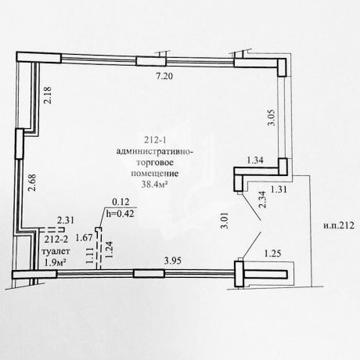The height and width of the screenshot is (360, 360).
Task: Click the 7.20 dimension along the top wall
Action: click(164, 76)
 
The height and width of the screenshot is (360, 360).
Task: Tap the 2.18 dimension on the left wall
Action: click(48, 95)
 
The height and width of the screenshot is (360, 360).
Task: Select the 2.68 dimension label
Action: click(33, 183)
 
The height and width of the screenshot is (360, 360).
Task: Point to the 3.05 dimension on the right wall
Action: click(272, 117)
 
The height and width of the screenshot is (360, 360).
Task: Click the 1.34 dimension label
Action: click(255, 160)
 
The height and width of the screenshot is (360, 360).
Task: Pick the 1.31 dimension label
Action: click(279, 189)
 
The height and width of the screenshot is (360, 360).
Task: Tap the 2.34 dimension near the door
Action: click(262, 200)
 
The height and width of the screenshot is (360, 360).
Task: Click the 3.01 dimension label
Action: click(225, 221)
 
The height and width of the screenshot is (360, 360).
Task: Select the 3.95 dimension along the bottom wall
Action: click(172, 261)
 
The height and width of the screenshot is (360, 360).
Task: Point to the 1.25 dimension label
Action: click(273, 254)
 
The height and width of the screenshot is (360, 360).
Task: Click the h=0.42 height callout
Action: click(120, 214)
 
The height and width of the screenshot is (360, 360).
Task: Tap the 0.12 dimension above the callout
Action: click(121, 202)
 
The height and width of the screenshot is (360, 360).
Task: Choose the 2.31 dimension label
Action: click(66, 221)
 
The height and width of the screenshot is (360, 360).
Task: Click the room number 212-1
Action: click(156, 140)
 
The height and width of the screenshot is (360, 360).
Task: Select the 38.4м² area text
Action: click(154, 185)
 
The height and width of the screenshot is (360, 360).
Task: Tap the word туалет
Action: click(56, 251)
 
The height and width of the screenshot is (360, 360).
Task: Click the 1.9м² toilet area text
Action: click(55, 262)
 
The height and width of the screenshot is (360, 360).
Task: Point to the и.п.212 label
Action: click(339, 225)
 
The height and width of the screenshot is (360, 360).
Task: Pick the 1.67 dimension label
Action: click(84, 238)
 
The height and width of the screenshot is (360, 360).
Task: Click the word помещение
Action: click(155, 174)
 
